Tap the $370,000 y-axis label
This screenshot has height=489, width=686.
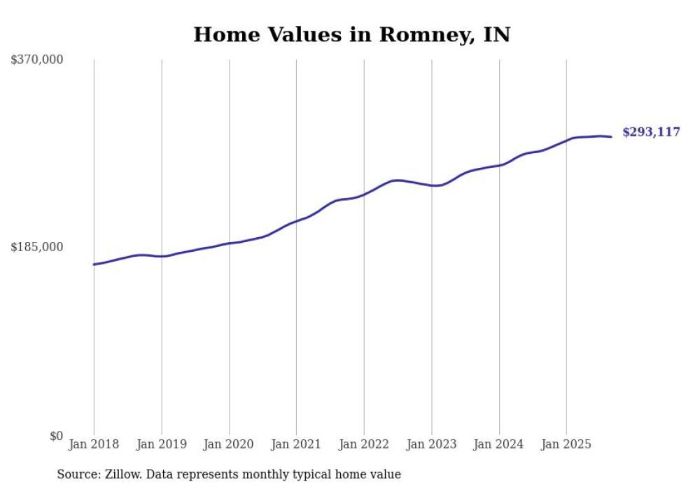tap(37, 60)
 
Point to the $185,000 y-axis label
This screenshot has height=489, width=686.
tap(37, 247)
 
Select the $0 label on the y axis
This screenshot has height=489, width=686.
tap(56, 436)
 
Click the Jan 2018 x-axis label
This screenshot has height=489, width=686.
tap(94, 444)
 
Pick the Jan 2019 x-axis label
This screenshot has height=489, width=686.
tap(162, 444)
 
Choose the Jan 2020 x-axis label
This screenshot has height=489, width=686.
tap(229, 444)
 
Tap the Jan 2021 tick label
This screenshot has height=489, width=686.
tap(296, 444)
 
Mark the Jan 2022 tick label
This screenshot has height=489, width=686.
tap(364, 444)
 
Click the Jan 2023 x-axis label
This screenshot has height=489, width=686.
tap(431, 444)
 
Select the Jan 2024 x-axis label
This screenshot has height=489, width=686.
tap(499, 444)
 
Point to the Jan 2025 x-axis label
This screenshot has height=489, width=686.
tap(566, 444)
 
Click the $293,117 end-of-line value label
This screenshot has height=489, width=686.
tap(651, 132)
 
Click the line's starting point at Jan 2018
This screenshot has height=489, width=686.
tap(94, 264)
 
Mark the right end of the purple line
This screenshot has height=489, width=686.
tap(612, 136)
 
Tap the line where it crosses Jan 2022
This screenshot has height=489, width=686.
tap(364, 194)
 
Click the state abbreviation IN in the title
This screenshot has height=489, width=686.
tap(497, 35)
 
